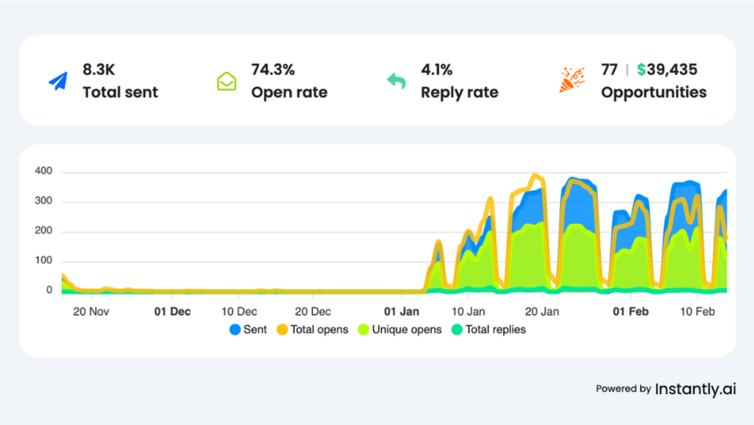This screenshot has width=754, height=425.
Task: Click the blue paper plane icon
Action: click(59, 81)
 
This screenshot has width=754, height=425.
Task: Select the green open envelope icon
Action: click(227, 81)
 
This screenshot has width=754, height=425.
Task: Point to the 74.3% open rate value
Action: click(273, 70)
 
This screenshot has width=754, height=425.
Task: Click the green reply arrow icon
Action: click(396, 80)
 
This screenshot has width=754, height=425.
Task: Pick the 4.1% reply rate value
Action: click(437, 70)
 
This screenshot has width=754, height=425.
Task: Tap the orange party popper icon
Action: click(572, 80)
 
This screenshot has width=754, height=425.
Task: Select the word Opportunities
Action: click(653, 92)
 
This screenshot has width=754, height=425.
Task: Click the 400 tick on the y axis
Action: click(44, 171)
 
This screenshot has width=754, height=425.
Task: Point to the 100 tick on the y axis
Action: click(44, 261)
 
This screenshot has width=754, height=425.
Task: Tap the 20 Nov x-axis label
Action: click(90, 310)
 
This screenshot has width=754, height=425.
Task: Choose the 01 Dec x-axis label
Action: click(172, 310)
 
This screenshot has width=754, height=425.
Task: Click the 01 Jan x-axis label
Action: click(401, 310)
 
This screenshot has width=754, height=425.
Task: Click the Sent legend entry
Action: click(248, 330)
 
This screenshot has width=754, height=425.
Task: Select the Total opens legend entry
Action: click(314, 330)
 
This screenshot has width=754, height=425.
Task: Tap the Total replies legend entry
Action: click(488, 330)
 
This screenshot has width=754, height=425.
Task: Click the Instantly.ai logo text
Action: click(695, 389)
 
